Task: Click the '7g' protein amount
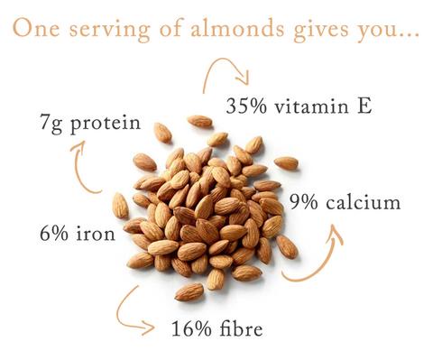coord(51,120)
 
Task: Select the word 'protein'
coord(107,121)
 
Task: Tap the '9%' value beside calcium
coord(306,202)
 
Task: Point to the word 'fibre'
coord(238,328)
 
